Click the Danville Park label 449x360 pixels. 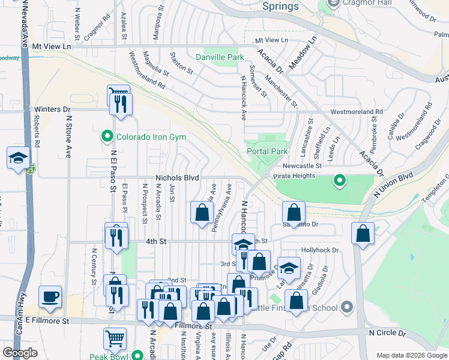(x=219, y=57)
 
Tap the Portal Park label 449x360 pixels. (x=267, y=151)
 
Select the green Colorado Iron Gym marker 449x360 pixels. (x=107, y=136)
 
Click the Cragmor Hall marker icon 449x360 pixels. (x=334, y=4)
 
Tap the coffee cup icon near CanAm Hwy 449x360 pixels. (x=50, y=296)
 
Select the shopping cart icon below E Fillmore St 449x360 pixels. (x=115, y=338)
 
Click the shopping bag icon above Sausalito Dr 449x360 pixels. (x=294, y=212)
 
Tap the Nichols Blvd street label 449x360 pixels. (x=176, y=178)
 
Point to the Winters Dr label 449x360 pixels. (x=52, y=109)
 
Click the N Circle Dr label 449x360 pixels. (x=388, y=332)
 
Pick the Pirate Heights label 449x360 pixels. (x=294, y=176)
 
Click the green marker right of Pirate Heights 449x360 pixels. (x=340, y=180)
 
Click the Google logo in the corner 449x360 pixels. (x=20, y=352)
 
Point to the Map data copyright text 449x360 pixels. (x=411, y=355)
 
